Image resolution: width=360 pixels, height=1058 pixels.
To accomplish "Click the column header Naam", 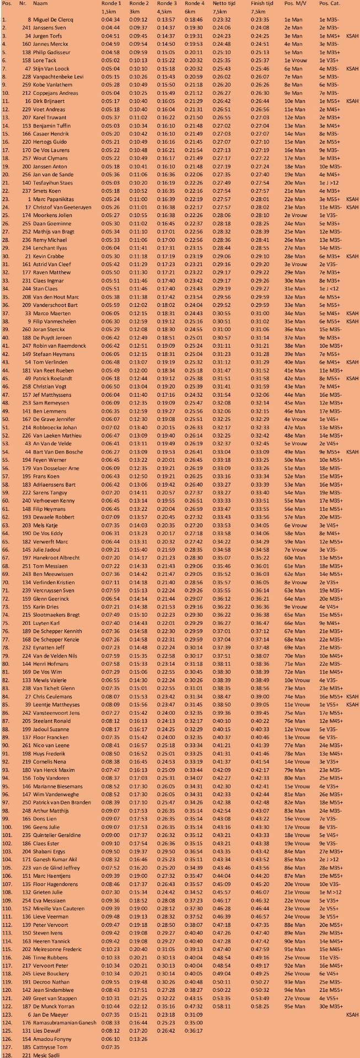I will (40, 4).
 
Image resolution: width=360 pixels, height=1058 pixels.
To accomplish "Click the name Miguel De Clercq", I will (53, 19).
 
